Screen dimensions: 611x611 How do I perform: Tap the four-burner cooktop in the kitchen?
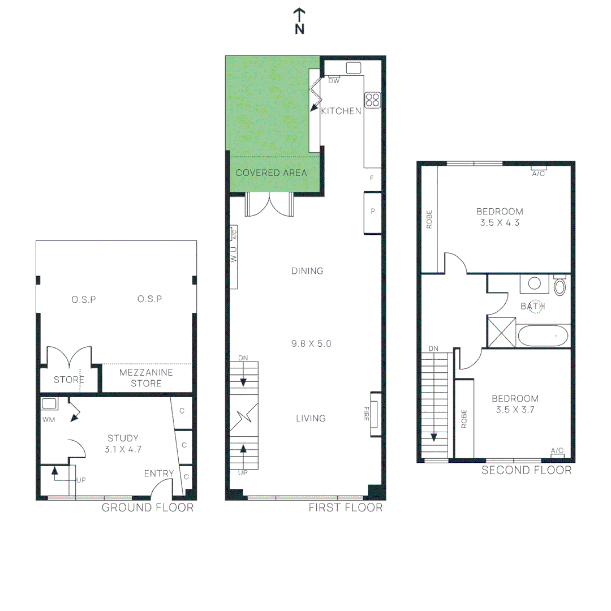pos(372,100)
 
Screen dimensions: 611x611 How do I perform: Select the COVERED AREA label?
pos(271,173)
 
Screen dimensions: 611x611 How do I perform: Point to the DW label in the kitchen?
pos(334,81)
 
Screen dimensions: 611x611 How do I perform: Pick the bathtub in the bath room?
pos(543,335)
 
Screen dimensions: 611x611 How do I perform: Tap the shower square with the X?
pos(502,333)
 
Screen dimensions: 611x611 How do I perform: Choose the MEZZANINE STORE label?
pos(146,378)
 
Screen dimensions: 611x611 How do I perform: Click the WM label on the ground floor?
pos(49,420)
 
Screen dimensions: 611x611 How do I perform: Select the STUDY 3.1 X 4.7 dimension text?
pos(123,444)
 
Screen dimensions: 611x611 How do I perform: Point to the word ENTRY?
pos(159,474)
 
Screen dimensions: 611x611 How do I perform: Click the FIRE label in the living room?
pos(366,414)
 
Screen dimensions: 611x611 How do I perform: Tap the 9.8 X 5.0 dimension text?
pos(311,344)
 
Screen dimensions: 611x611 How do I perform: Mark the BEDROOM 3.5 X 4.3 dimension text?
pos(500,217)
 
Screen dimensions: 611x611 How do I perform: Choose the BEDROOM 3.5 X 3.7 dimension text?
pos(515,404)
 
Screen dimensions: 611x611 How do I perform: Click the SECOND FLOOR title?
pos(527,470)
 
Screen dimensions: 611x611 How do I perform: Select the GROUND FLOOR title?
pos(148,507)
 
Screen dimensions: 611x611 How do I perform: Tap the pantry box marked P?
pos(372,213)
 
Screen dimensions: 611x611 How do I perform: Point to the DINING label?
pos(307,271)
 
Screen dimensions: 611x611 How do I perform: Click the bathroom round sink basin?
pos(534,283)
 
